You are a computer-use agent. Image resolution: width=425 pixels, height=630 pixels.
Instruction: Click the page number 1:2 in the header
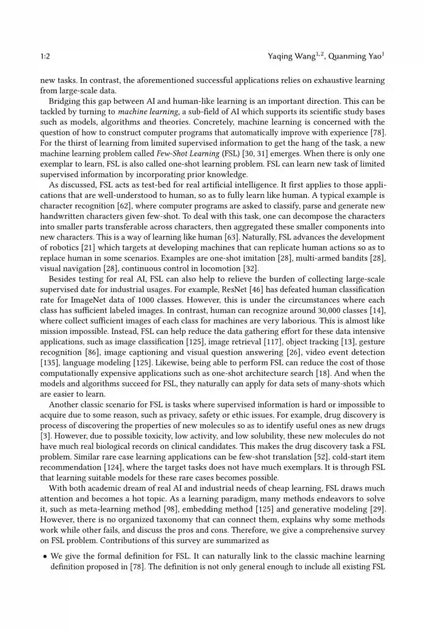45,56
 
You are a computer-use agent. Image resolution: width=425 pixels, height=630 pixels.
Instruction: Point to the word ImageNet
87,300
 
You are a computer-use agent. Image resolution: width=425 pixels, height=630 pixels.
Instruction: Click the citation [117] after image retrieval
273,342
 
